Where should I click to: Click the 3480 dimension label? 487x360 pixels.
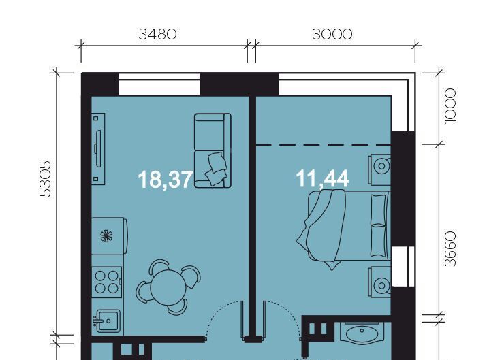click(x=157, y=34)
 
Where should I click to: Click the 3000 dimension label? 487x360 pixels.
click(x=332, y=34)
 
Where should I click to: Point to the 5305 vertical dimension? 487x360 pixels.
click(x=46, y=179)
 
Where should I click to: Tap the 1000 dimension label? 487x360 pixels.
click(x=450, y=106)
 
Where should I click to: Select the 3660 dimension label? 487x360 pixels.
click(x=450, y=249)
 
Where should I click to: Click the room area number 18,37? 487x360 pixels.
click(x=166, y=180)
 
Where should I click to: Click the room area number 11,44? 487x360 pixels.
click(x=322, y=179)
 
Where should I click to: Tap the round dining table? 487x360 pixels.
click(x=168, y=287)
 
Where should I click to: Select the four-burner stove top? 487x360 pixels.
click(x=106, y=282)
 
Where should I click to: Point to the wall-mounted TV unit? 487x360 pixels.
click(x=98, y=149)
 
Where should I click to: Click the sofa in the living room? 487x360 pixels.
click(x=213, y=150)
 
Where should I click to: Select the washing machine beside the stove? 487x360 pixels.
click(x=109, y=236)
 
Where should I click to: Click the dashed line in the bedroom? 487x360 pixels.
click(x=324, y=145)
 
